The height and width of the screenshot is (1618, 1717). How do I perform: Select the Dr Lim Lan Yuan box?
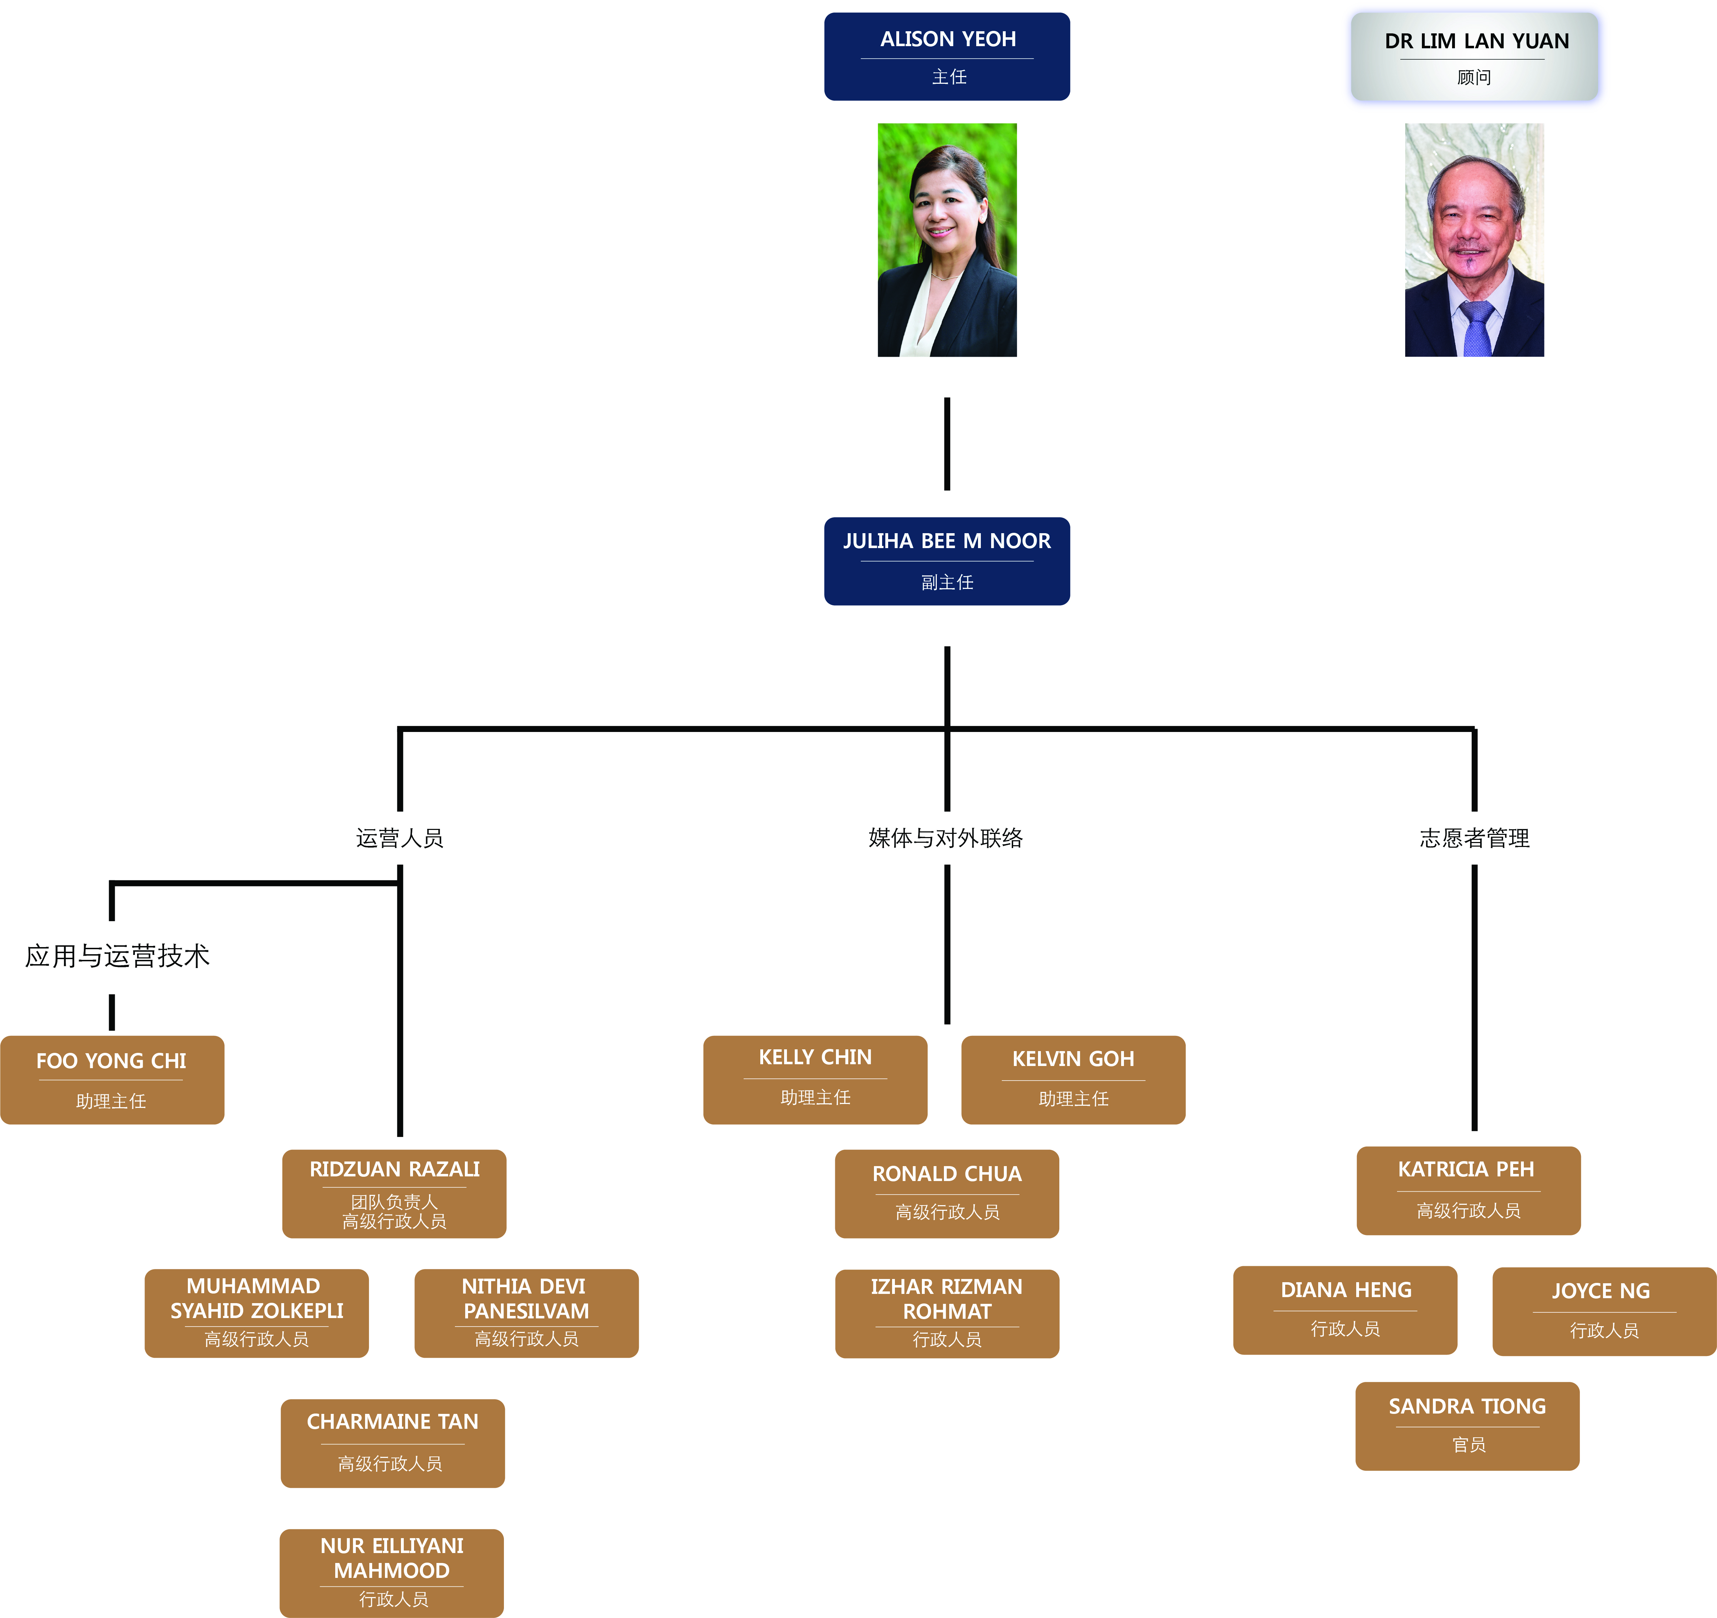coord(1474,57)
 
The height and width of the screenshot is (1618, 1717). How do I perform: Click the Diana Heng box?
coord(1345,1310)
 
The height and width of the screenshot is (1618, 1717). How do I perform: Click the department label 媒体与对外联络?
coord(946,837)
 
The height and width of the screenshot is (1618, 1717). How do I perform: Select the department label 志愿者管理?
coord(1474,837)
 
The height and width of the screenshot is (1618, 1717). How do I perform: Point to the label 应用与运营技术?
coord(118,956)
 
